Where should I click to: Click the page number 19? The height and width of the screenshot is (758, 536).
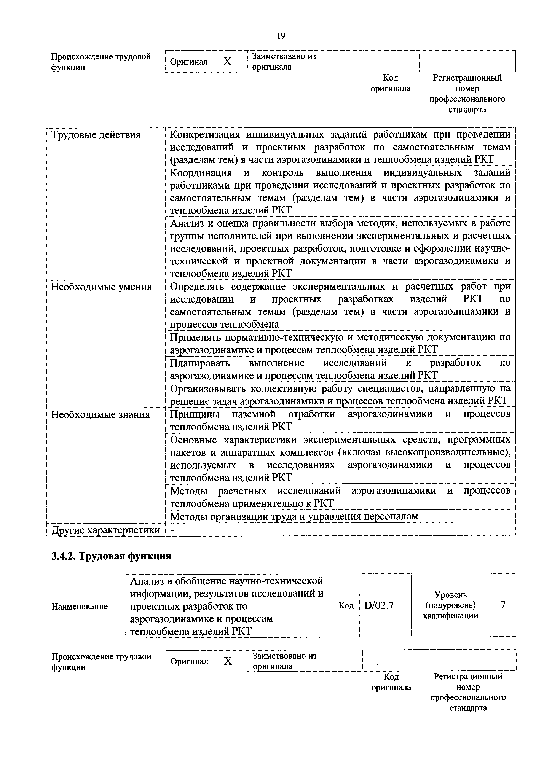[x=281, y=36]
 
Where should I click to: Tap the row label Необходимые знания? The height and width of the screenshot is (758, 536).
[x=100, y=414]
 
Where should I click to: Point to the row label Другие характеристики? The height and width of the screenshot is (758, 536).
[x=106, y=530]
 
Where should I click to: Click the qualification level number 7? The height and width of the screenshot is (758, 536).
[x=503, y=605]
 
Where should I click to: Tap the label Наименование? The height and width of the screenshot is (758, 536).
[x=80, y=607]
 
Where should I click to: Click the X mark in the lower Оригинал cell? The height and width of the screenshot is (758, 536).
[x=228, y=661]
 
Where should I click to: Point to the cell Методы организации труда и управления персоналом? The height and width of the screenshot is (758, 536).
[x=294, y=516]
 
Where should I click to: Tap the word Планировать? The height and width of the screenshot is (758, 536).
[x=200, y=363]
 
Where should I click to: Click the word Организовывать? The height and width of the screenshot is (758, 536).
[x=208, y=389]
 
